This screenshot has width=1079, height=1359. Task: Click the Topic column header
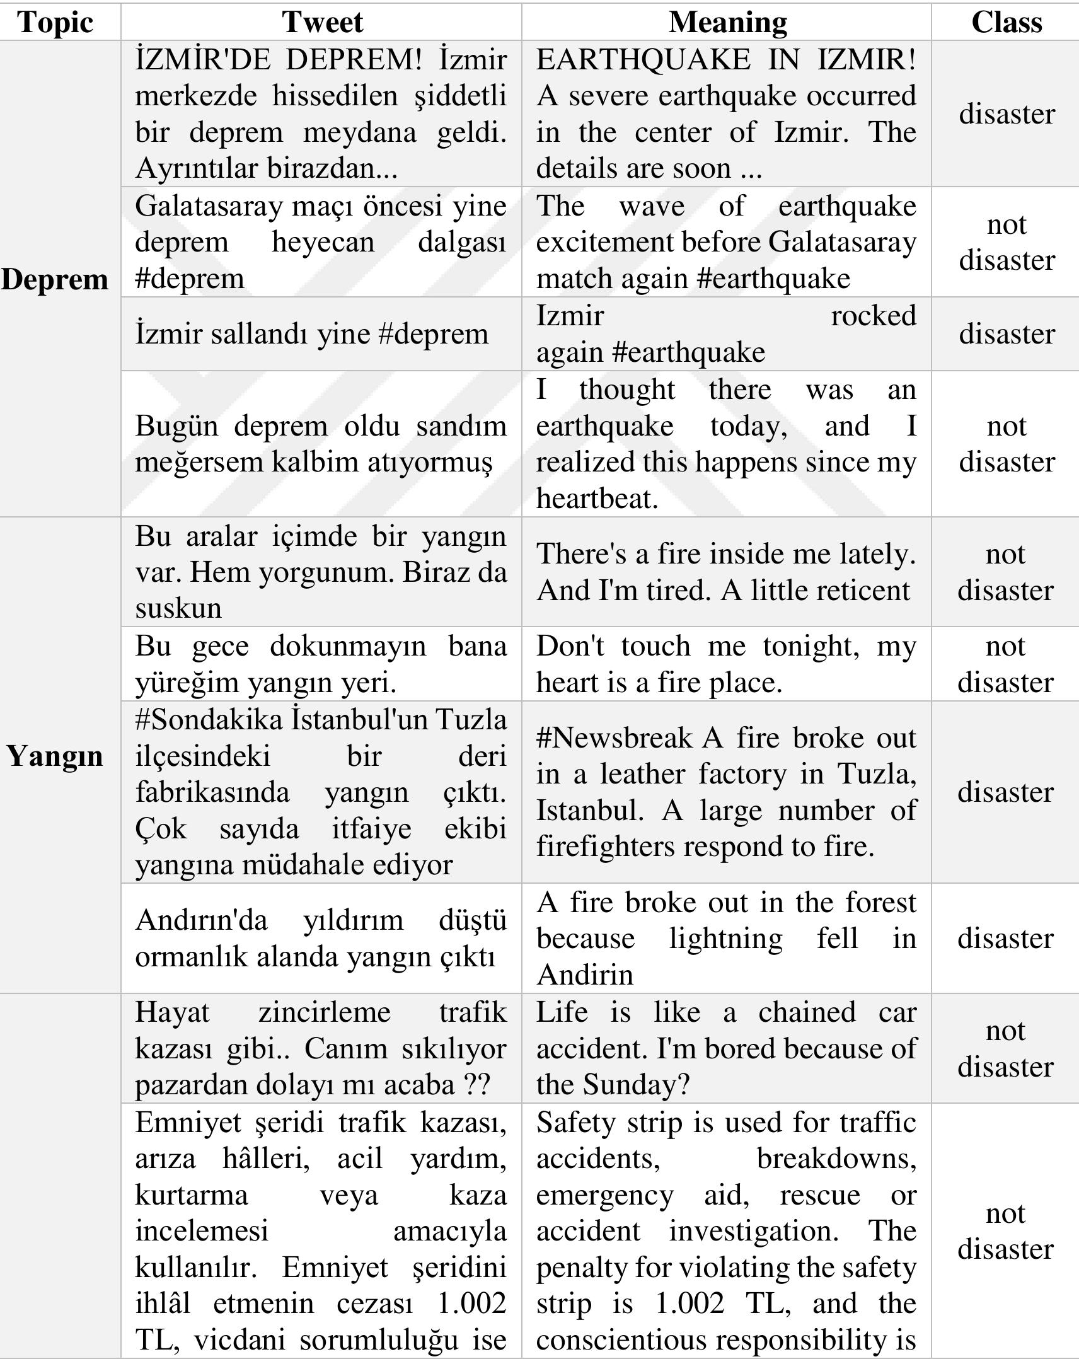55,23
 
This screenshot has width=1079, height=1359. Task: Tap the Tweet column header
322,23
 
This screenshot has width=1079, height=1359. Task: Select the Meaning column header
727,23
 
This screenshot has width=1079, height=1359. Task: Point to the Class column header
1007,23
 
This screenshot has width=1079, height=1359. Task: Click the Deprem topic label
55,279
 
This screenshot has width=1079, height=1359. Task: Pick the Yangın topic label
55,755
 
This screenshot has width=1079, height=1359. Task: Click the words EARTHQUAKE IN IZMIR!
725,60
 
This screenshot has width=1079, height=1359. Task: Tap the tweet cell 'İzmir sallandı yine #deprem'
312,334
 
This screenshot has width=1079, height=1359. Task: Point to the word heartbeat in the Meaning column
597,499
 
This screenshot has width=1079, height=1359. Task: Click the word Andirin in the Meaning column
585,975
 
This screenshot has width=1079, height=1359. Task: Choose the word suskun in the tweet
178,608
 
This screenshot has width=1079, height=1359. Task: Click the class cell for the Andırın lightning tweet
1005,939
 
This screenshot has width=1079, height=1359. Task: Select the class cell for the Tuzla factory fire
1005,792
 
